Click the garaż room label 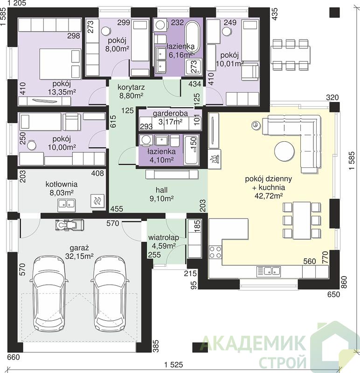point(79,248)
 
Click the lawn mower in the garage point(69,225)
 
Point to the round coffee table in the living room point(284,151)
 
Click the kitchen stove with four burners point(215,252)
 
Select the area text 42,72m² point(269,196)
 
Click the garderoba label point(170,113)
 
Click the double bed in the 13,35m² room point(60,64)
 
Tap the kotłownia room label point(62,184)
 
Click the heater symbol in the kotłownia point(97,201)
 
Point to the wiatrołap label point(164,237)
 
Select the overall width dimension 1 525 point(173,365)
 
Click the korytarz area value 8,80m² point(131,96)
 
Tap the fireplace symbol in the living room point(215,159)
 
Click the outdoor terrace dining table point(291,55)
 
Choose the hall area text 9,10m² point(161,198)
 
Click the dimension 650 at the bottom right point(333,294)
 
